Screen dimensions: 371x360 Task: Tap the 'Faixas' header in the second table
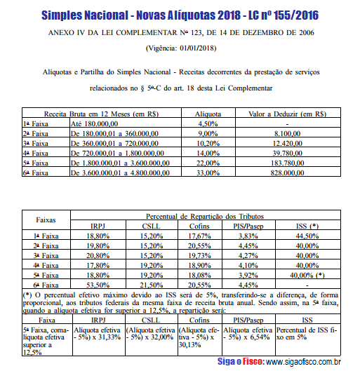pos(46,220)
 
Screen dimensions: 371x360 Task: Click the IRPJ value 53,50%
pos(98,285)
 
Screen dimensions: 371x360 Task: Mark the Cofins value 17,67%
pos(200,236)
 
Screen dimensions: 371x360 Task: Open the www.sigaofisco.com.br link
pos(302,362)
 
